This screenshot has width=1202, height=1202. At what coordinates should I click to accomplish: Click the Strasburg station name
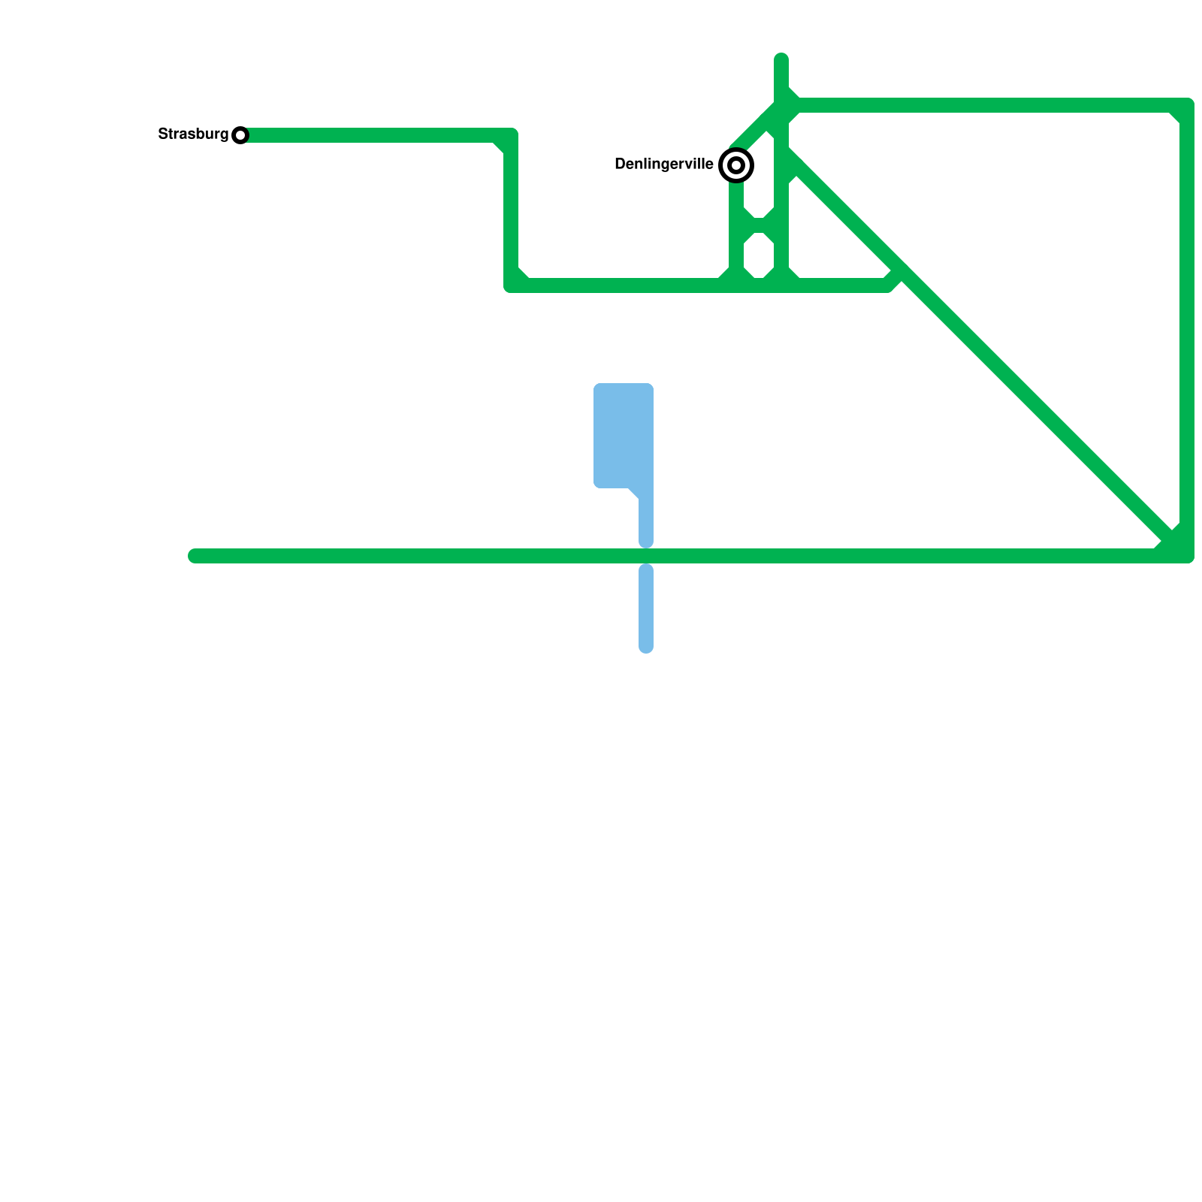click(x=193, y=134)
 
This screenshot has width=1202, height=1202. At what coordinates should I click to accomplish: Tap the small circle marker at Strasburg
click(x=240, y=135)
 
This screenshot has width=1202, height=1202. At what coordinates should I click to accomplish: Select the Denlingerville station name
click(x=664, y=165)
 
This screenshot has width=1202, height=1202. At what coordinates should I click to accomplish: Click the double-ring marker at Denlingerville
click(x=736, y=165)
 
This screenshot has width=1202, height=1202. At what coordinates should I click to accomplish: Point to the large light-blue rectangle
click(x=623, y=436)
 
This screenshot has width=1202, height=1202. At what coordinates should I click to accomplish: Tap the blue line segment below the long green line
click(x=646, y=609)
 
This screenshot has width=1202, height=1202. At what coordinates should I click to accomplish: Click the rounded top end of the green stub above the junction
click(x=781, y=59)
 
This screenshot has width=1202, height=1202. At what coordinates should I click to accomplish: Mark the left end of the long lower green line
click(x=195, y=556)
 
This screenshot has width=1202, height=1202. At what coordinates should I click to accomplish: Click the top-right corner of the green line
click(x=1186, y=106)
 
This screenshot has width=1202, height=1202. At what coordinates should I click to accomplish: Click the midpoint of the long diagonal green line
click(x=984, y=353)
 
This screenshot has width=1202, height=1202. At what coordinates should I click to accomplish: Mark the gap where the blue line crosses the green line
click(x=646, y=556)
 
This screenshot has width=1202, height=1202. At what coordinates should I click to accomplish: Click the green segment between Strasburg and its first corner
click(x=376, y=135)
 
